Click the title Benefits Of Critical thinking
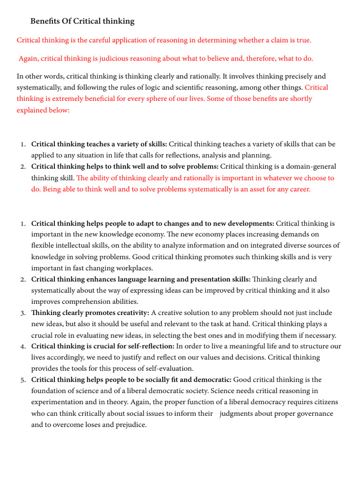[x=82, y=21]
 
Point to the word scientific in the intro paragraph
[x=234, y=87]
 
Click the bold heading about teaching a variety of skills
[x=99, y=144]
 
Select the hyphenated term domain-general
[x=313, y=166]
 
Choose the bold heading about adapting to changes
[x=153, y=224]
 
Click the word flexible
[x=43, y=246]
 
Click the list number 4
[x=23, y=346]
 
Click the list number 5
[x=23, y=380]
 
